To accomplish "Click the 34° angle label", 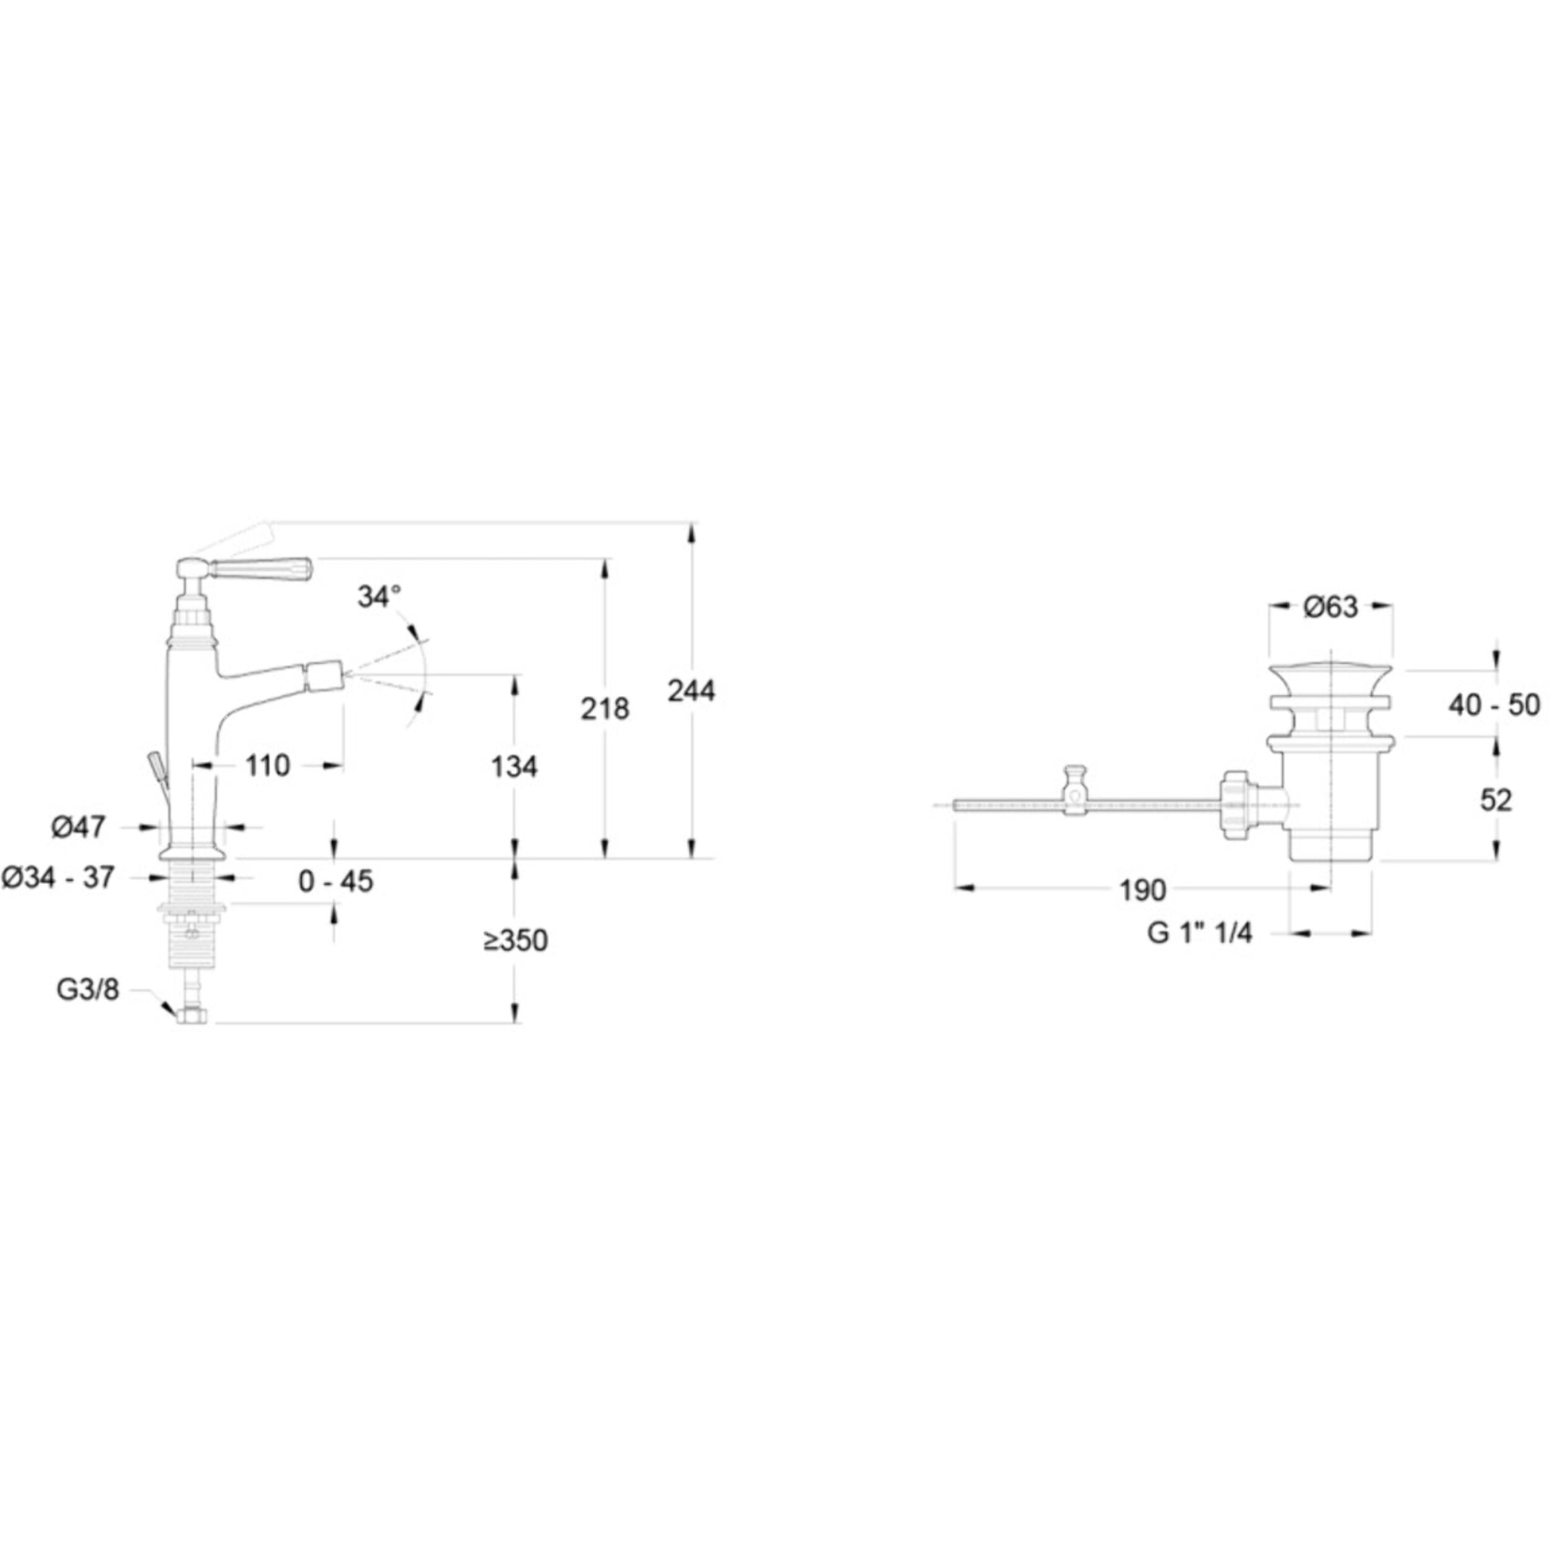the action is [379, 597].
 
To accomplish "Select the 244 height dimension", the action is [691, 691].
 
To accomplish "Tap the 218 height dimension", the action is [605, 709].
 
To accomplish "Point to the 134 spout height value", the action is [514, 766].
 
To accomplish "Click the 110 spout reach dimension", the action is [267, 765].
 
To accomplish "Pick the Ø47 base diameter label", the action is [79, 827].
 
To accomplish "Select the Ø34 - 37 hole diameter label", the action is [58, 877].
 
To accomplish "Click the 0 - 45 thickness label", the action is [336, 881].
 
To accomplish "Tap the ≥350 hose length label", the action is [516, 940].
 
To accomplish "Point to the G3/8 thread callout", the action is [88, 990].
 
